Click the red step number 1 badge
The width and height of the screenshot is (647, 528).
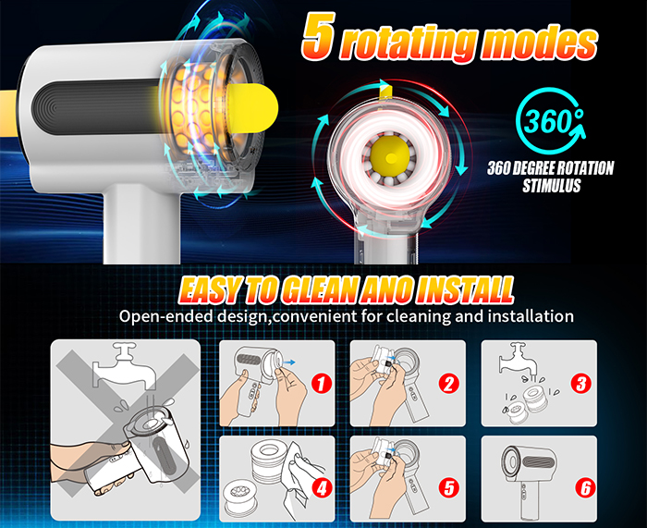click(322, 385)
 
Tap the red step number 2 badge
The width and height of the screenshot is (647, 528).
click(449, 385)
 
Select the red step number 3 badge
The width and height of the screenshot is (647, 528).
click(581, 384)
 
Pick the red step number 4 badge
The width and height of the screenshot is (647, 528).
click(322, 488)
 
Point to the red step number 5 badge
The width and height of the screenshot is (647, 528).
click(449, 488)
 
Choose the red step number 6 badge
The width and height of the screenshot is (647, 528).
click(585, 488)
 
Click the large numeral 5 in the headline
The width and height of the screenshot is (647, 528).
click(317, 36)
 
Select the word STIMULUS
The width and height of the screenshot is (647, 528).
click(551, 186)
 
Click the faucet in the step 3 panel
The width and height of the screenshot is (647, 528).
click(518, 358)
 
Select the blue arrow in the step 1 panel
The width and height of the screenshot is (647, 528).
click(290, 362)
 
